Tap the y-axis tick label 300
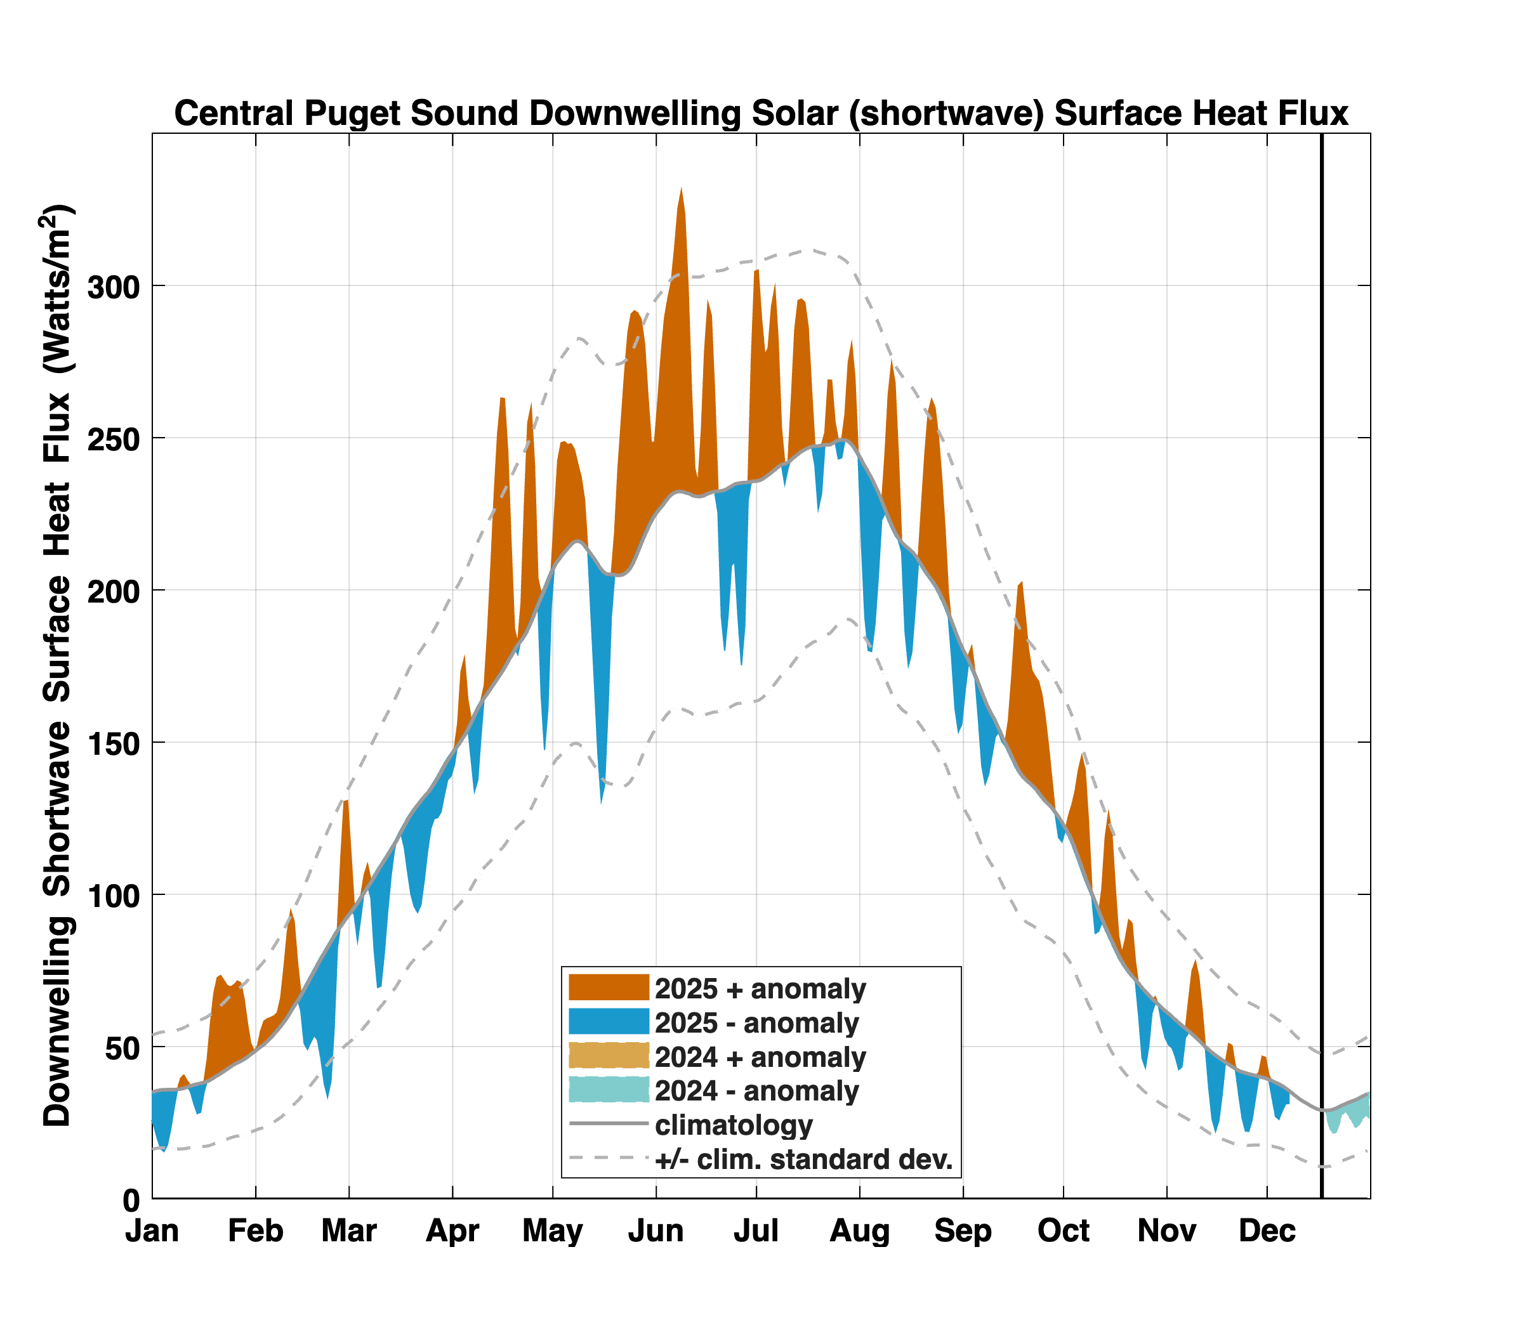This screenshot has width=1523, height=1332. [x=114, y=286]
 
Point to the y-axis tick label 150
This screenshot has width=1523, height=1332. [x=114, y=743]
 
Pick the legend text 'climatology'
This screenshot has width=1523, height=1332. [x=734, y=1125]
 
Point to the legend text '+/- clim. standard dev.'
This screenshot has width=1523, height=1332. [x=804, y=1159]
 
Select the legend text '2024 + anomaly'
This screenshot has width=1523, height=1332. [x=761, y=1057]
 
